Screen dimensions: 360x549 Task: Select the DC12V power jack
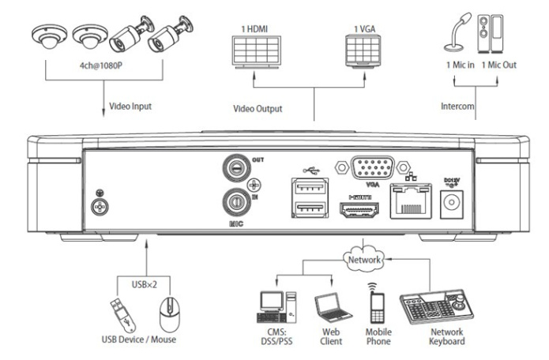tap(450, 203)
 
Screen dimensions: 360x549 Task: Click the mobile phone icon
tap(376, 301)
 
